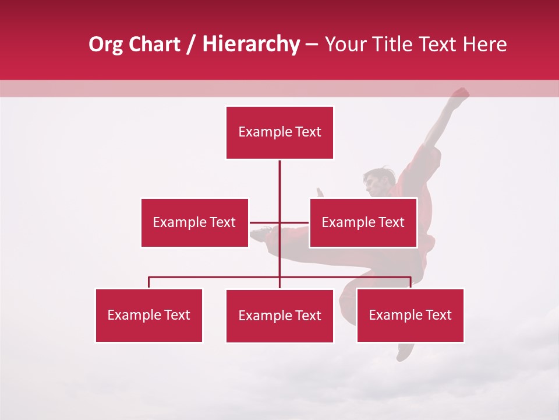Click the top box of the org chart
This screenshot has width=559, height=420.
tap(279, 132)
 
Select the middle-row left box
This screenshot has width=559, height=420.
tap(194, 222)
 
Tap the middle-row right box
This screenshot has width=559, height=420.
tap(363, 222)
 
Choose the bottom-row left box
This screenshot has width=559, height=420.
tap(149, 315)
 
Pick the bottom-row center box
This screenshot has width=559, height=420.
tap(279, 316)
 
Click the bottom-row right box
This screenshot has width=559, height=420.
tap(410, 315)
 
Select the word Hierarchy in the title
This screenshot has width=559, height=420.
tap(250, 44)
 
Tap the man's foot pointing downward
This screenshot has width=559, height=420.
tap(405, 351)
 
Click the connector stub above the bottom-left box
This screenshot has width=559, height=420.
tap(149, 282)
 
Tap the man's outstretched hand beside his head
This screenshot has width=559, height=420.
tap(319, 193)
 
